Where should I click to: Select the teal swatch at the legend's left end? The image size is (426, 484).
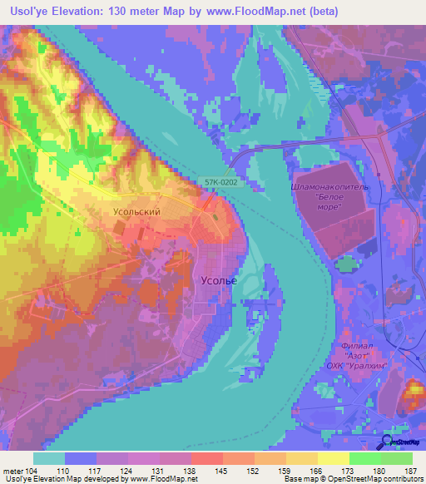[x=48, y=458]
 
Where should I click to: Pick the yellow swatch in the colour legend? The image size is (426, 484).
[x=333, y=458]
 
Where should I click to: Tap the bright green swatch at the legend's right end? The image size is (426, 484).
[x=397, y=458]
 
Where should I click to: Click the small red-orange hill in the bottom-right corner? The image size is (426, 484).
[x=413, y=394]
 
